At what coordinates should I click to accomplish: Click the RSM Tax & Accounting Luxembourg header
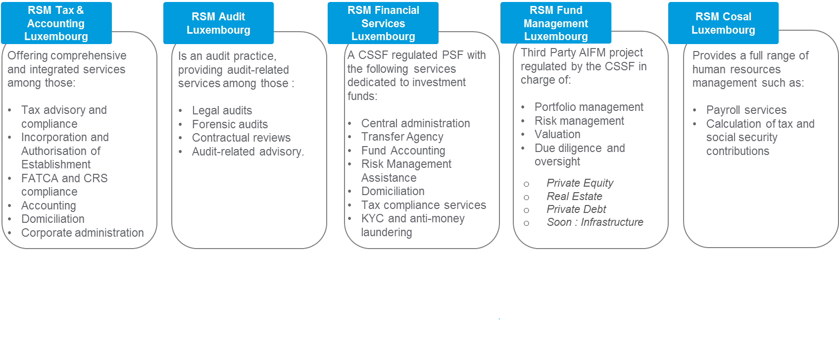pyautogui.click(x=56, y=23)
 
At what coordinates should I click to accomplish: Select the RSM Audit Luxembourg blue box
pyautogui.click(x=218, y=23)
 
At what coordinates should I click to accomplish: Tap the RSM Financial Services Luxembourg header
pyautogui.click(x=383, y=23)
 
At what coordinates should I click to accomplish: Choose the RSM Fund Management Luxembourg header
pyautogui.click(x=555, y=23)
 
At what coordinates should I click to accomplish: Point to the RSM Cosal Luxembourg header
pyautogui.click(x=723, y=23)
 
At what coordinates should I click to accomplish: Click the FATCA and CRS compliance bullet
pyautogui.click(x=64, y=185)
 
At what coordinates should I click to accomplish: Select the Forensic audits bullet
pyautogui.click(x=230, y=124)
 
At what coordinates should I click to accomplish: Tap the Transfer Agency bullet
pyautogui.click(x=402, y=137)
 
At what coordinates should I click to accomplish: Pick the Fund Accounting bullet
pyautogui.click(x=403, y=151)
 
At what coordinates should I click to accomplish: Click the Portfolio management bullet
pyautogui.click(x=589, y=107)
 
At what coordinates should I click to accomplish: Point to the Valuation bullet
pyautogui.click(x=557, y=134)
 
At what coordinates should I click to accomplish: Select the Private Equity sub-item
pyautogui.click(x=580, y=183)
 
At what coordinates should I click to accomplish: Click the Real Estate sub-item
pyautogui.click(x=574, y=197)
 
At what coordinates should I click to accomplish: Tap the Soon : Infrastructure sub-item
pyautogui.click(x=594, y=222)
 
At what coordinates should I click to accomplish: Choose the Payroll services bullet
pyautogui.click(x=746, y=110)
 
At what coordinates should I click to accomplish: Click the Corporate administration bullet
pyautogui.click(x=82, y=233)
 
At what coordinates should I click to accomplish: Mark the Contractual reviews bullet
pyautogui.click(x=241, y=138)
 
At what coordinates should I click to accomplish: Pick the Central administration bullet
pyautogui.click(x=415, y=123)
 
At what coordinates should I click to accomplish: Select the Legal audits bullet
pyautogui.click(x=222, y=110)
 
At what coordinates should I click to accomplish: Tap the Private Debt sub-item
pyautogui.click(x=576, y=209)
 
